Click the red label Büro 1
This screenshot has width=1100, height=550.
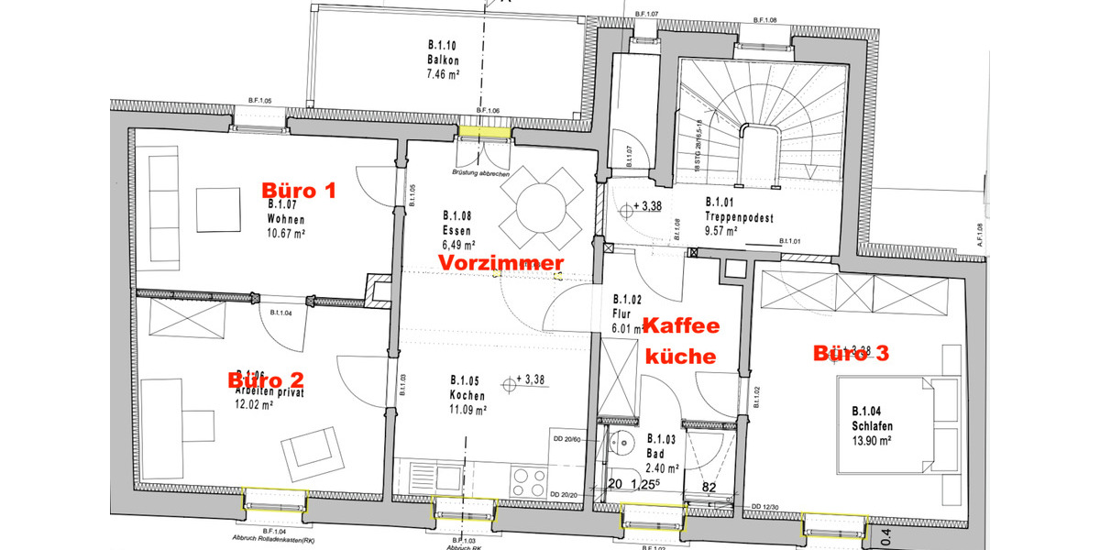(x=300, y=191)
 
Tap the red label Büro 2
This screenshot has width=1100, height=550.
(x=266, y=379)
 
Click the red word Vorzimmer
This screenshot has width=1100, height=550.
(x=500, y=263)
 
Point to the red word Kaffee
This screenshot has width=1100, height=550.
(x=681, y=325)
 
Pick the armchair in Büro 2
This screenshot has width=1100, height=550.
(x=310, y=453)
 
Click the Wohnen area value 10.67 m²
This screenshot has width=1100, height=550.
(x=286, y=234)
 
